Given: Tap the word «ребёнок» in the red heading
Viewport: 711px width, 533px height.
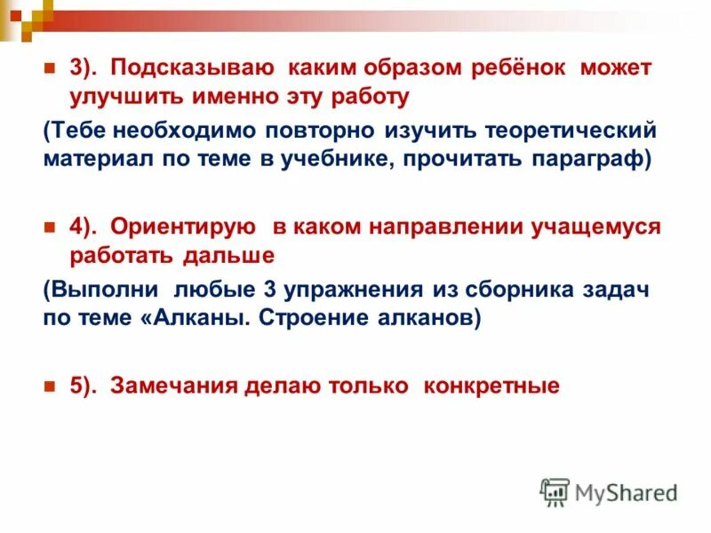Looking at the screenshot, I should tap(521, 68).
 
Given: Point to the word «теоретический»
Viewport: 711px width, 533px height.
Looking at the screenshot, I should tap(571, 131).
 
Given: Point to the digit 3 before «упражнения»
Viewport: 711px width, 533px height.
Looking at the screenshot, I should tap(268, 290).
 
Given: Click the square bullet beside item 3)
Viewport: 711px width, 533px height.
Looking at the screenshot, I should tap(50, 68).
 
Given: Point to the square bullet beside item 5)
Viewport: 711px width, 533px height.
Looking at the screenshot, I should tap(50, 386).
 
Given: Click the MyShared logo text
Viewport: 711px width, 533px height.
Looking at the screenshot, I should tap(625, 491).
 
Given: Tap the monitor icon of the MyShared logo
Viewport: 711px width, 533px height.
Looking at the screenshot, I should tap(555, 491).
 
